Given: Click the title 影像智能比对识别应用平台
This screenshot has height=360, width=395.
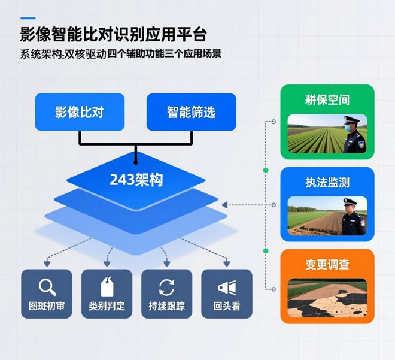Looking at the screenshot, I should point(114,34).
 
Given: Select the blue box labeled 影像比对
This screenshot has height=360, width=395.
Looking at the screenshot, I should point(80,112).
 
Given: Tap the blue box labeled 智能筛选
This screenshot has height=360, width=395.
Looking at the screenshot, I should point(192,112).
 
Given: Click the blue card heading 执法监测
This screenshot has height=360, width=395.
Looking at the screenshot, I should point(327,183).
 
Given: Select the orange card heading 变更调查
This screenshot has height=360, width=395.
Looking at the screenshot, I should point(327,265).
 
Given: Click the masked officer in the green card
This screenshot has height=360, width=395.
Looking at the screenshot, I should point(354,135).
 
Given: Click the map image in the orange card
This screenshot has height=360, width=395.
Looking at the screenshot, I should point(327,299).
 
